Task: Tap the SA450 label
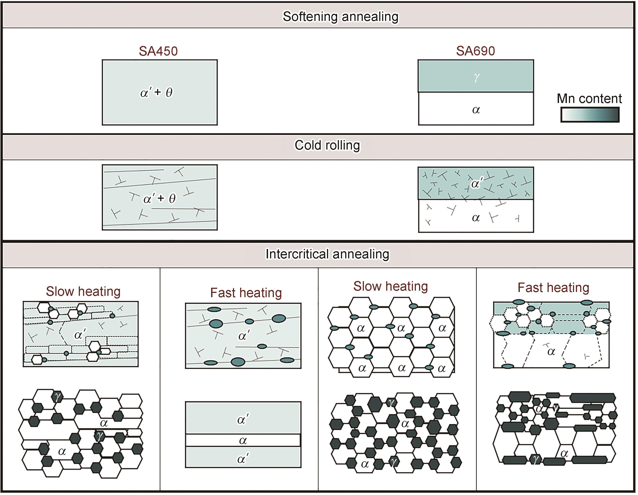click(158, 51)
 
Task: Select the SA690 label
click(476, 51)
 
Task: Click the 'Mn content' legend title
click(589, 98)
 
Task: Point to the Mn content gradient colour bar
click(590, 115)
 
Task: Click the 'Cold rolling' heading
click(327, 145)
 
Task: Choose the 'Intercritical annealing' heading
click(327, 254)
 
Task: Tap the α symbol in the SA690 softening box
click(476, 110)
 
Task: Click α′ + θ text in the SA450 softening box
click(157, 92)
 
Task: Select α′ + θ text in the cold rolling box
click(160, 199)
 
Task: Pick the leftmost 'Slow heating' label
click(83, 292)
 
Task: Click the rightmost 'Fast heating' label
click(553, 288)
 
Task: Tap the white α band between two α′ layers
click(243, 440)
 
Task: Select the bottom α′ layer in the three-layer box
click(243, 457)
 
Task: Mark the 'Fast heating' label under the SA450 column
click(246, 293)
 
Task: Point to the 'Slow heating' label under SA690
click(391, 286)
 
